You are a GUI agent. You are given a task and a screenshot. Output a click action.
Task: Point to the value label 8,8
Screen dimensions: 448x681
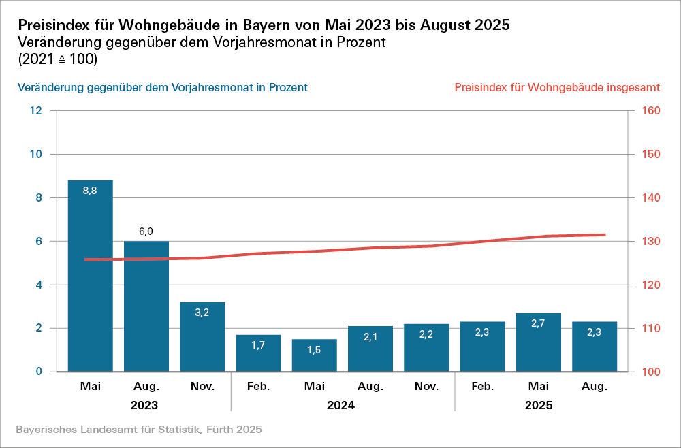click(90, 191)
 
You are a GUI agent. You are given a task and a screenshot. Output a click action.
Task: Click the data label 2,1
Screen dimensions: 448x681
click(370, 337)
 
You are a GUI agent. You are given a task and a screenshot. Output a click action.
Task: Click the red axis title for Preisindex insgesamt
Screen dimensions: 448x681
click(556, 88)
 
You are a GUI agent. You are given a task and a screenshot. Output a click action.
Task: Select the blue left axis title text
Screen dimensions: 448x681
click(162, 88)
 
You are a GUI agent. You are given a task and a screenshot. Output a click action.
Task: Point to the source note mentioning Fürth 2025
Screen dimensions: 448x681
click(138, 430)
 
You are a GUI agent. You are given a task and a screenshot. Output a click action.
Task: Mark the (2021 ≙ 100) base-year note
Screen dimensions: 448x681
click(58, 60)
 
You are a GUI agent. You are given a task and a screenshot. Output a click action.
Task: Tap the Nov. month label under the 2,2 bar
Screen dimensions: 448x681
click(426, 387)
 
